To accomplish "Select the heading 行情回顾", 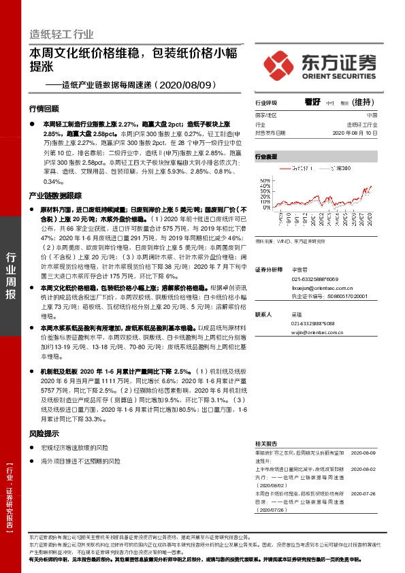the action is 44,109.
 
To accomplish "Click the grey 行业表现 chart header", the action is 266,156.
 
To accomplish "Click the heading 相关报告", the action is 266,442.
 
